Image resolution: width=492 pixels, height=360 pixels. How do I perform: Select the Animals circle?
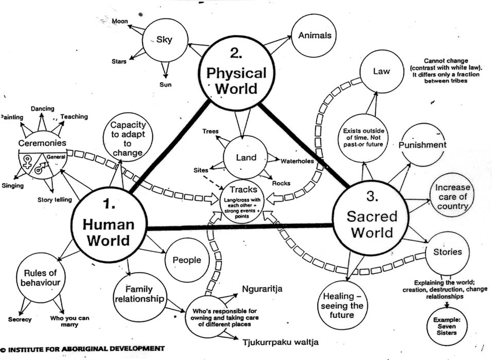(314, 35)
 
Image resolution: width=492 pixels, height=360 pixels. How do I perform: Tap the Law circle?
(381, 71)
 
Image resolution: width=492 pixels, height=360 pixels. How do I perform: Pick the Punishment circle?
(423, 145)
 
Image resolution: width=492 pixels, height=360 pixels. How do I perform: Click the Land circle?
(245, 157)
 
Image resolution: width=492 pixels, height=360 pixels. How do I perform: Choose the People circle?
(186, 260)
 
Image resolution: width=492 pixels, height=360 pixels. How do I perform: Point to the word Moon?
(120, 21)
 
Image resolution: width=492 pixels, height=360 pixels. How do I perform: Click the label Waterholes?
(297, 161)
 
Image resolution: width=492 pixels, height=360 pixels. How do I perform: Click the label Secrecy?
(20, 319)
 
